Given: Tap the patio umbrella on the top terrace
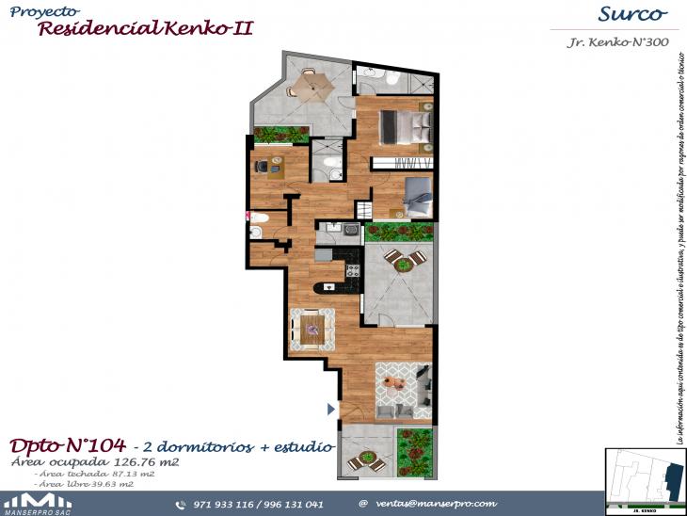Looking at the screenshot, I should point(310,85).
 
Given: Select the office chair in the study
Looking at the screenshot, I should point(261,167).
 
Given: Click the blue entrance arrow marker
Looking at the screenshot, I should point(329,409).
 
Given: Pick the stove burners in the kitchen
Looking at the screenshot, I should point(353,270).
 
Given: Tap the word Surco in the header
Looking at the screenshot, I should point(631,14).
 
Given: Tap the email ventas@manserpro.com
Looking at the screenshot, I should point(436,504).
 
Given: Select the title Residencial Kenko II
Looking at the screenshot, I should point(145,27).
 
